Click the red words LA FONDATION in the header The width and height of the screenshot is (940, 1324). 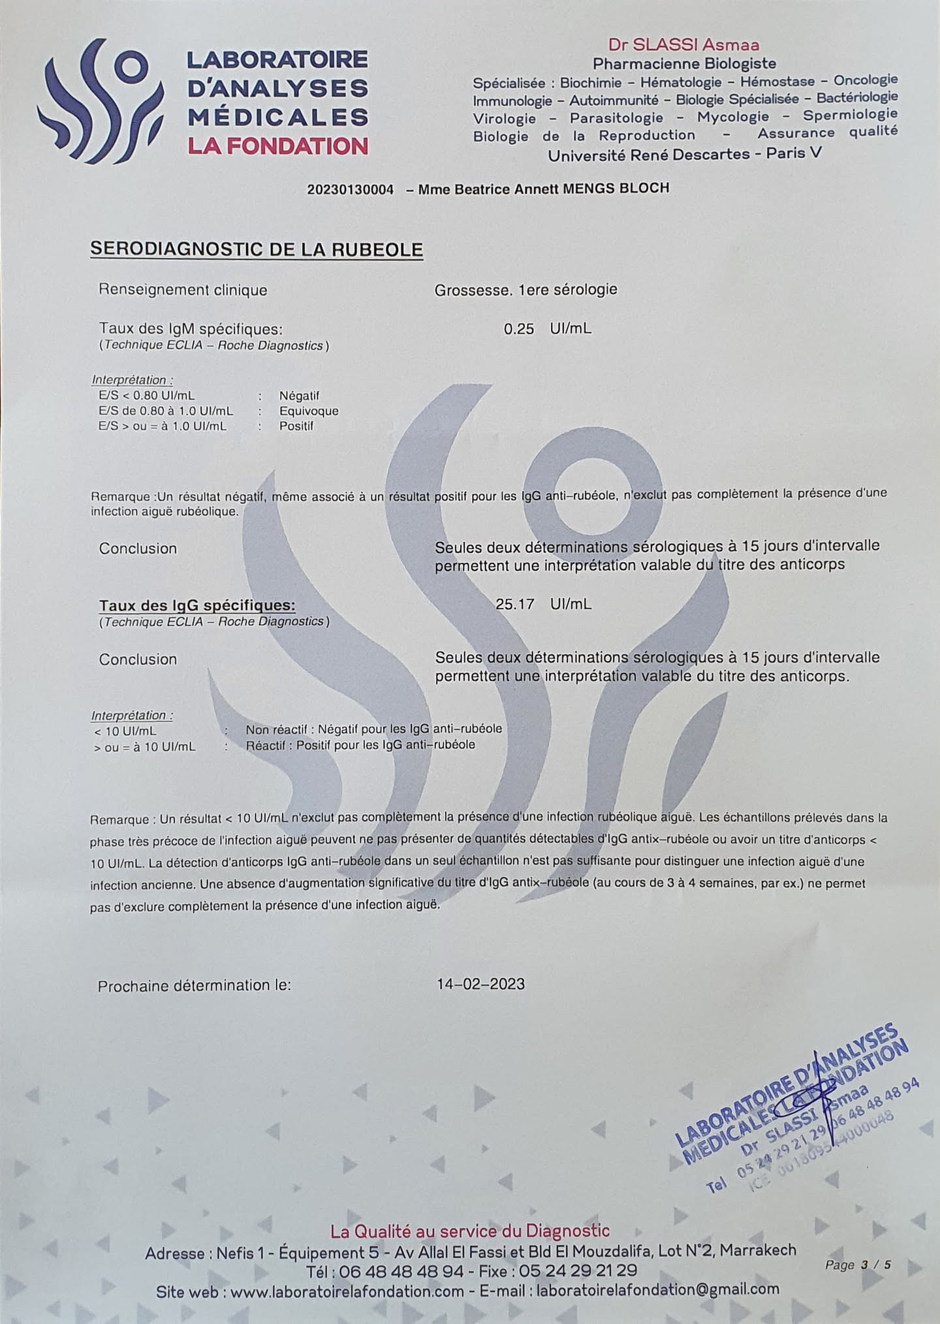point(277,146)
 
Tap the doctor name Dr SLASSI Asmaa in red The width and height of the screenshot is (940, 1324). point(683,45)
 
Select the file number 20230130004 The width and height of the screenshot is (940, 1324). point(351,189)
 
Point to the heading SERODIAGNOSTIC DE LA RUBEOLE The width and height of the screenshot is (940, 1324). point(257,249)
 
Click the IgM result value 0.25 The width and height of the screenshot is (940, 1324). point(519,328)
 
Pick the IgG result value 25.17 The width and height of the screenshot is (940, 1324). point(514,604)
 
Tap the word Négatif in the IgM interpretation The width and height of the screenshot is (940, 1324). point(299,396)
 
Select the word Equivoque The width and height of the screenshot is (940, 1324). point(309,411)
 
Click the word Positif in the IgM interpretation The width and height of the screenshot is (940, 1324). point(296,426)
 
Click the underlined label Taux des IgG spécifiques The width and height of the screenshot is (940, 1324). point(197,605)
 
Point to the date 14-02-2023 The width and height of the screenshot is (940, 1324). point(480,984)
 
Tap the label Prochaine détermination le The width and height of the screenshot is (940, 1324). point(195,985)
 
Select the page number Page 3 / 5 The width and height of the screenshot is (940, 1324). point(858,1265)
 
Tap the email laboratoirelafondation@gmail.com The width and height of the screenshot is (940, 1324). point(657,1289)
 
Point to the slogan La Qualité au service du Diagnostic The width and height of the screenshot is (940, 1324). point(470,1231)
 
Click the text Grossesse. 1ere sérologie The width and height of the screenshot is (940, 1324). point(525,289)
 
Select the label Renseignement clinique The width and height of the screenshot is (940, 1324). point(183,290)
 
